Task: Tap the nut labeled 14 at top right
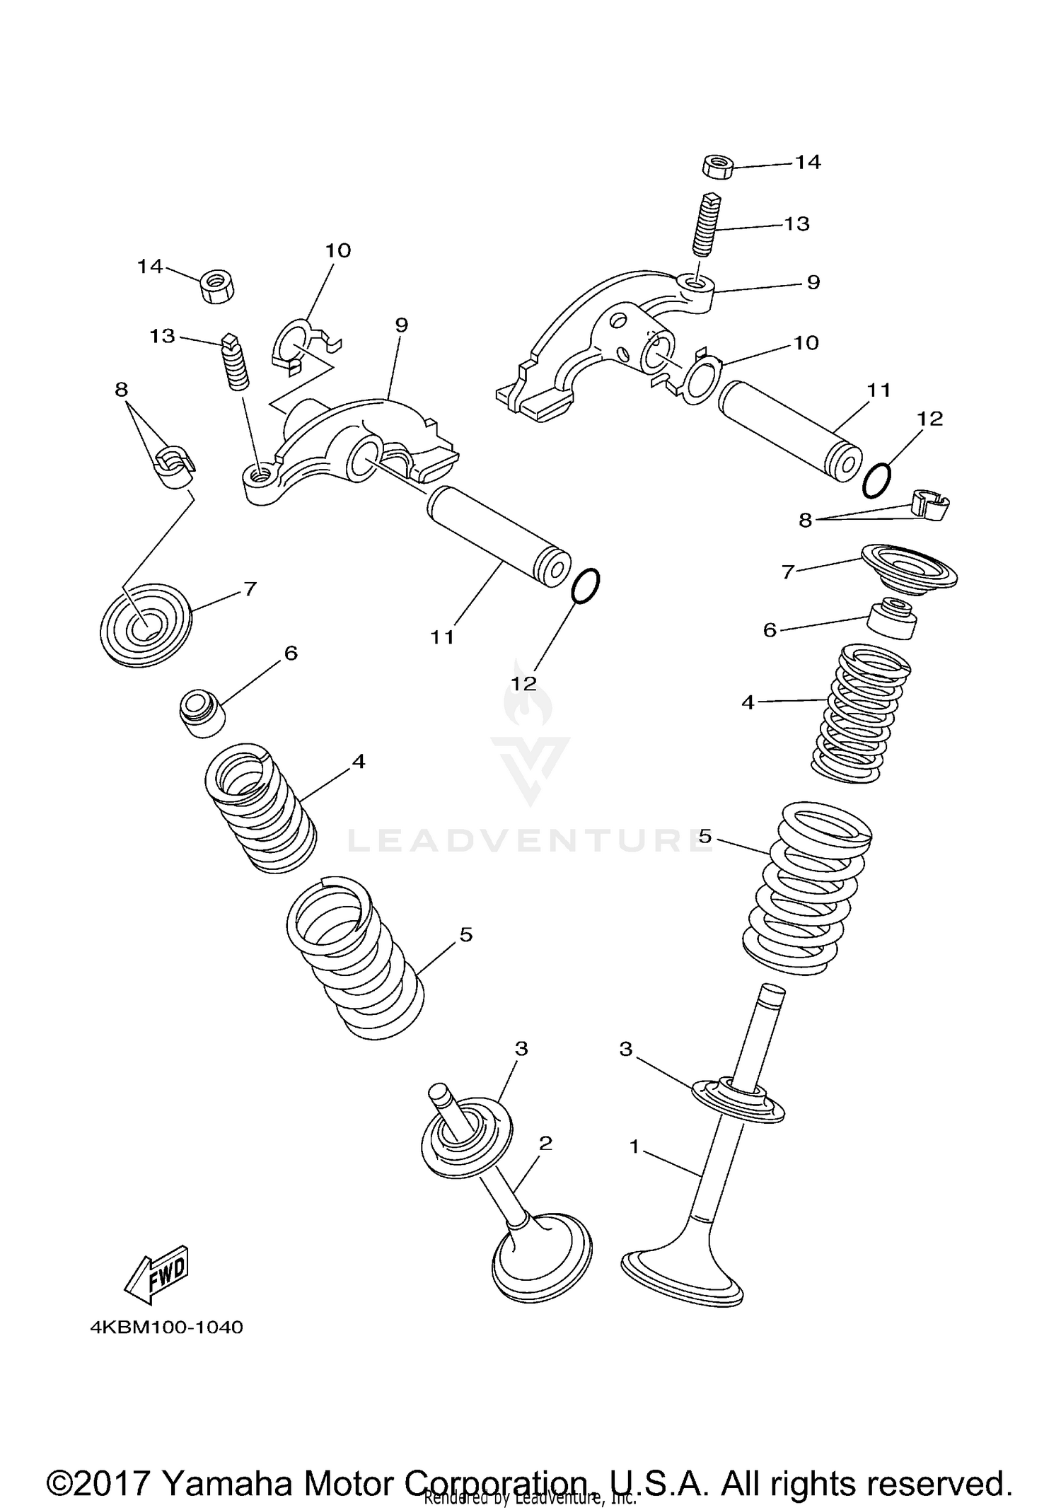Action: pyautogui.click(x=717, y=168)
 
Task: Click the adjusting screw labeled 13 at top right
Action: pyautogui.click(x=707, y=225)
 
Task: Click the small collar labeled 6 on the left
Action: pyautogui.click(x=201, y=715)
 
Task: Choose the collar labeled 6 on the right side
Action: pyautogui.click(x=893, y=619)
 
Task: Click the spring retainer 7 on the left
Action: pyautogui.click(x=146, y=624)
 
